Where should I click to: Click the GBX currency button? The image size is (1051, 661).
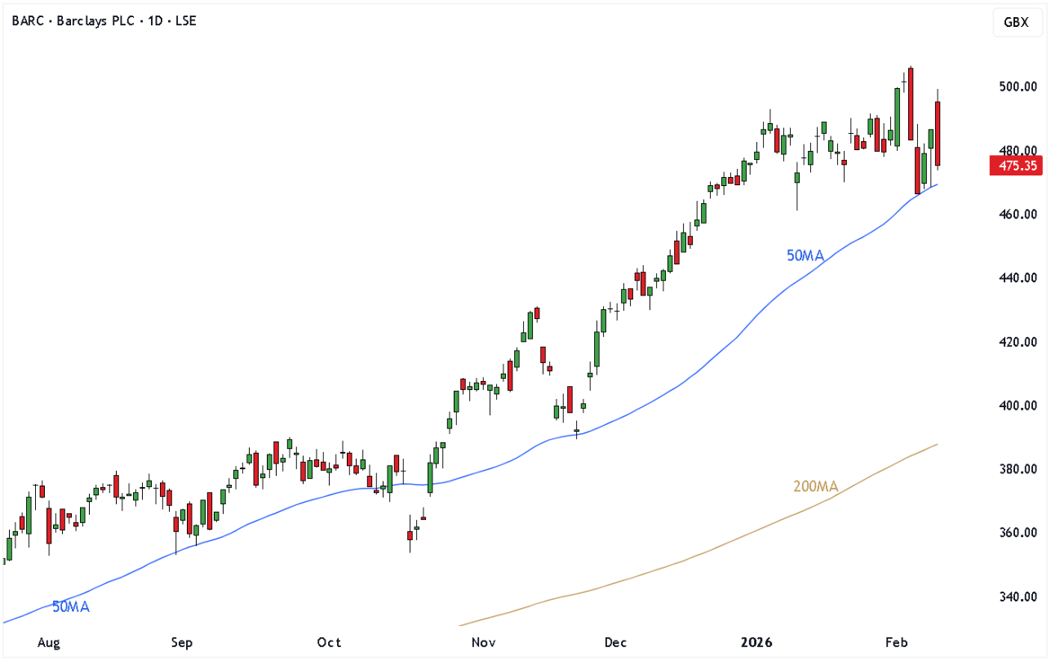1016,22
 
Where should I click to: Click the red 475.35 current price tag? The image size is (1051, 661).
1015,166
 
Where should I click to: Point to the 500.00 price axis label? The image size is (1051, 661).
1018,87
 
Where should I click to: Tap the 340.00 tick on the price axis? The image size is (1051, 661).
1018,597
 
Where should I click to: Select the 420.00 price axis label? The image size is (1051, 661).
1018,342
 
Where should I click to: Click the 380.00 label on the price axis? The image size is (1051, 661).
1018,469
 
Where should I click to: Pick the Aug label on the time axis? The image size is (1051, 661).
49,643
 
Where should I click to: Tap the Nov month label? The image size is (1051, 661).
485,643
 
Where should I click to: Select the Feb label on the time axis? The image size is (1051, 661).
896,643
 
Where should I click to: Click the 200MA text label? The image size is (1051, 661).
815,487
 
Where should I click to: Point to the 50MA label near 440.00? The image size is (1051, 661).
805,256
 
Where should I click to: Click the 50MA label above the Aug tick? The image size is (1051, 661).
71,607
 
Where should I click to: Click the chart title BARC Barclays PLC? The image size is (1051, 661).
104,20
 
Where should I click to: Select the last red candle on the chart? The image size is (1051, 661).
938,134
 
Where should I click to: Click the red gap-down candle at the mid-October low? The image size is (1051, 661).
409,535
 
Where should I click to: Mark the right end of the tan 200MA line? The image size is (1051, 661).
938,444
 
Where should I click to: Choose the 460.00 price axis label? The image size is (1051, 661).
1018,215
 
